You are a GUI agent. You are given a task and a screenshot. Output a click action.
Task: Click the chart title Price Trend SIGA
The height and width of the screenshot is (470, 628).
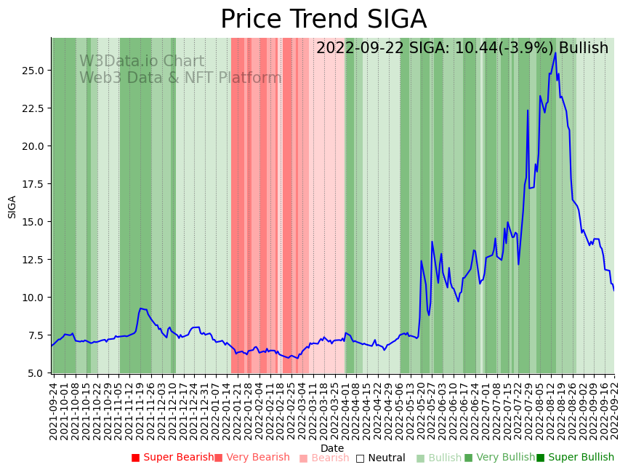[x=323, y=20]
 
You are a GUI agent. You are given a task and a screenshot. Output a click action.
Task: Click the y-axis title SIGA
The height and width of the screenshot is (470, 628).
[x=12, y=206]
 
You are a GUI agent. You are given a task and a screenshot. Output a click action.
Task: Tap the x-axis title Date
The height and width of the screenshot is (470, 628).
[x=332, y=448]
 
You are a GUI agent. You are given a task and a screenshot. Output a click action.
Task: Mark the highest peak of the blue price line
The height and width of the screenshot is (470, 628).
[x=555, y=52]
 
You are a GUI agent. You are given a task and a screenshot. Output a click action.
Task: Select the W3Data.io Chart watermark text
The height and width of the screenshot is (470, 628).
[x=142, y=62]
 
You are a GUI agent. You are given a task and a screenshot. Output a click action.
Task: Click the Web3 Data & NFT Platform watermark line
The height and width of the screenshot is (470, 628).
[x=180, y=78]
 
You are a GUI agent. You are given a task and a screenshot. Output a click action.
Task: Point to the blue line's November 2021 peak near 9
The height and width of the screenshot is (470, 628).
[x=141, y=308]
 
